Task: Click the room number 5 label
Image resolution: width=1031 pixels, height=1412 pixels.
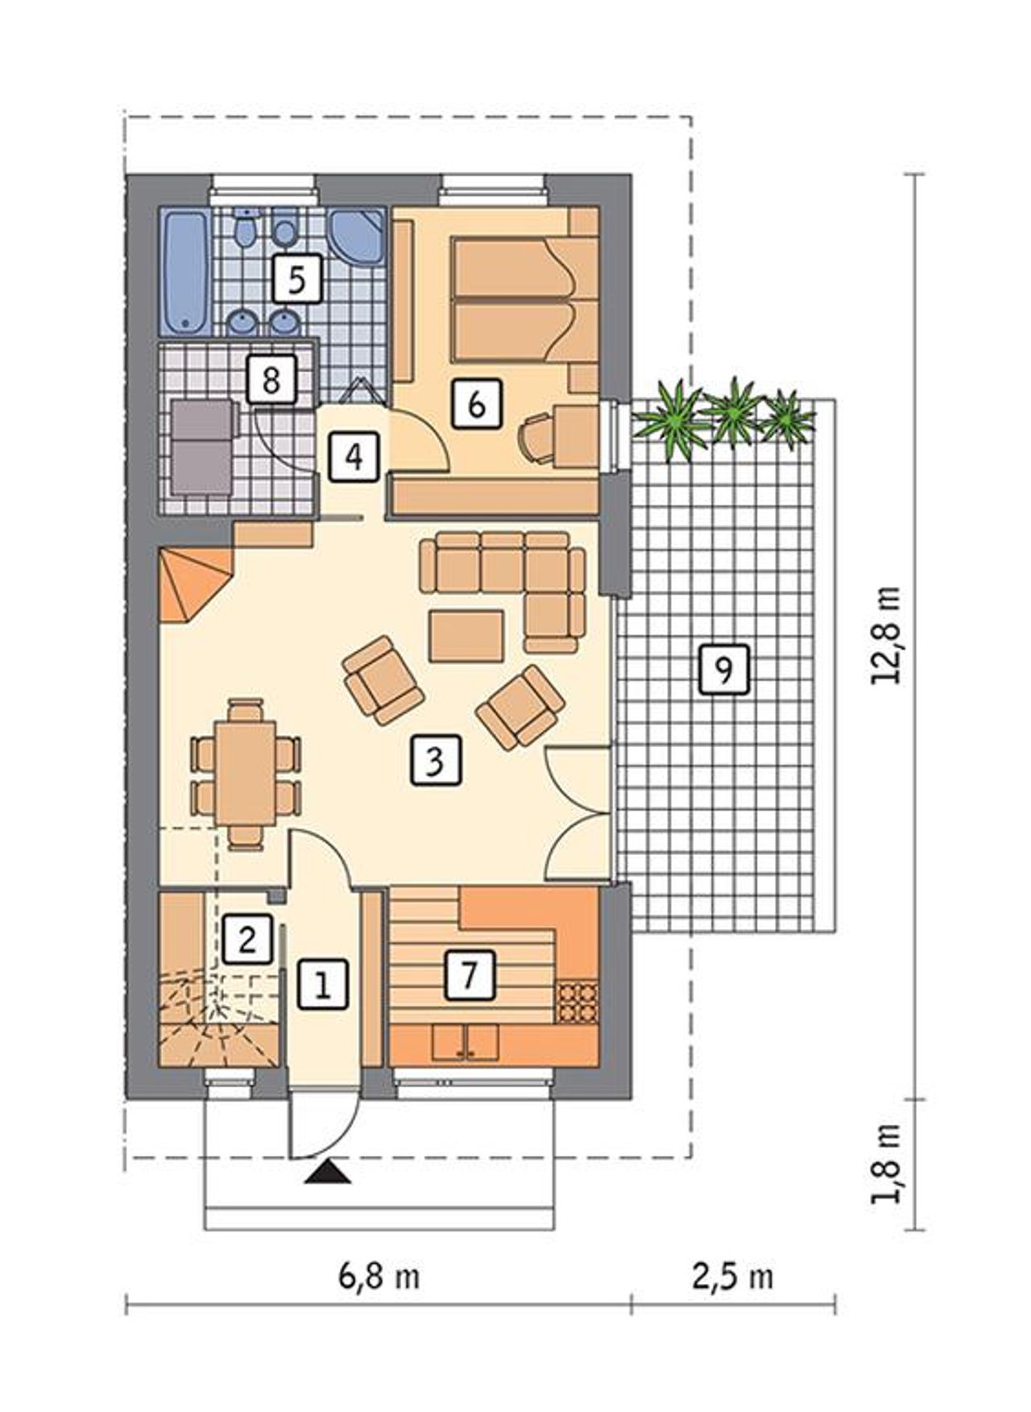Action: coord(296,279)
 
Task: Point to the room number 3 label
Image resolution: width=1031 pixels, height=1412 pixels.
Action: coord(436,760)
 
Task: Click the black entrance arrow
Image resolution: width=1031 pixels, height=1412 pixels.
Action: coord(329,1173)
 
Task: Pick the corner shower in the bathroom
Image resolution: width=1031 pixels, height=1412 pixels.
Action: coord(356,235)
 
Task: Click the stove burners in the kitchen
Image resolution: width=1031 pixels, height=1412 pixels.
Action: coord(578,1000)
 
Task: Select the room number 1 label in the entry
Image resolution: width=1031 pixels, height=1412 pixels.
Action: coord(323,983)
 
